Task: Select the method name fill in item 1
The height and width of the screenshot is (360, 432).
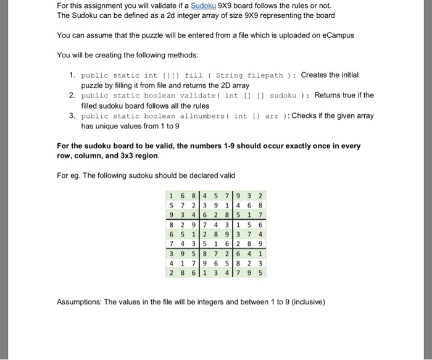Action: coord(202,75)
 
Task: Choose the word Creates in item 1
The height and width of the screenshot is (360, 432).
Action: coord(315,75)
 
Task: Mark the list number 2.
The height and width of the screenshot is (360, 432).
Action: coord(72,96)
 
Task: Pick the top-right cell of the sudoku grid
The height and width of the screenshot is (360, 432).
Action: coord(261,197)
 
